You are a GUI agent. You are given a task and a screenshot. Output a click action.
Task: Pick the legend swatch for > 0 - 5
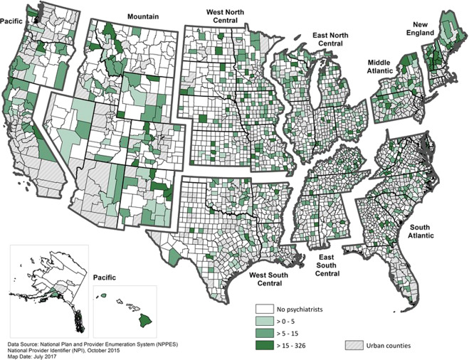pyautogui.click(x=266, y=320)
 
